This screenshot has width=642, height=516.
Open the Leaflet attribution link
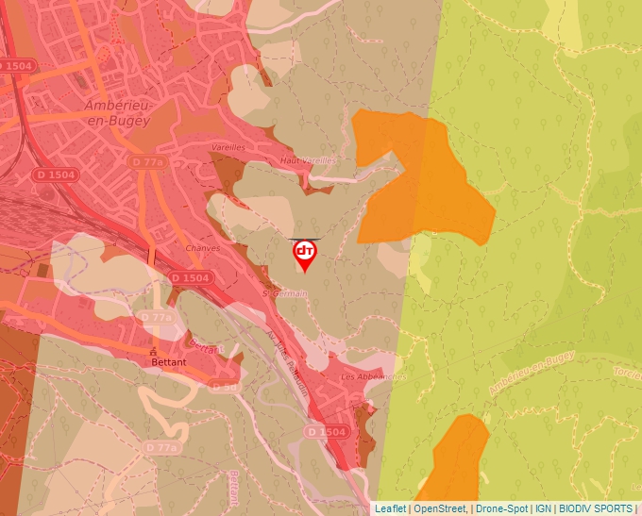[390, 508]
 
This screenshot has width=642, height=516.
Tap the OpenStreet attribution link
[439, 508]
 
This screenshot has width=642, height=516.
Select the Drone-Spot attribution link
[501, 508]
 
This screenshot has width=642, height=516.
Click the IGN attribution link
[543, 508]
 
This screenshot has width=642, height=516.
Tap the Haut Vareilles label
[308, 161]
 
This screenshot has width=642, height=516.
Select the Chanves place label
[203, 248]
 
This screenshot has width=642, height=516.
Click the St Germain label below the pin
[285, 293]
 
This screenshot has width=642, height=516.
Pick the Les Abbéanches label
[372, 375]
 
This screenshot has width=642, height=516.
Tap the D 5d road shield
[225, 387]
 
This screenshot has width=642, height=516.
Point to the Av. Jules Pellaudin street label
[288, 364]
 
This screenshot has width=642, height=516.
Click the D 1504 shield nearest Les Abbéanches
[327, 431]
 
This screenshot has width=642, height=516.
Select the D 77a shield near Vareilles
[148, 162]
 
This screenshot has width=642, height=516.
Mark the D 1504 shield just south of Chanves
[190, 277]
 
